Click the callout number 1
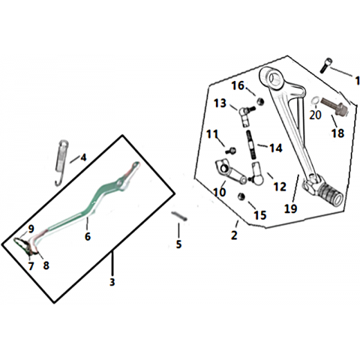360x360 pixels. pos(357,81)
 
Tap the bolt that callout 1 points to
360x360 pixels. pos(325,65)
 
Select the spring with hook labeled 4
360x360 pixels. pos(61,163)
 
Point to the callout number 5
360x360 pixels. pos(178,244)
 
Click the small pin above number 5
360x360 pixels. pos(179,216)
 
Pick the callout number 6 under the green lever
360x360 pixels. pos(88,236)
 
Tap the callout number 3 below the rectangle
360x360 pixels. pos(112,282)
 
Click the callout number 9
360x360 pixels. pos(31,229)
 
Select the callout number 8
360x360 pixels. pos(46,265)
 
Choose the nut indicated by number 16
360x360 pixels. pos(260,101)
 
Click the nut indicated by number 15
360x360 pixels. pos(241,196)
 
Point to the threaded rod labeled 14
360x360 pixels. pos(250,144)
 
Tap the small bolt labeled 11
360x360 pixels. pos(231,151)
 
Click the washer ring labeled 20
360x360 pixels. pos(315,101)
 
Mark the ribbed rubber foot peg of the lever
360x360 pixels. pos(331,195)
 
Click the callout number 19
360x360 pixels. pos(291,208)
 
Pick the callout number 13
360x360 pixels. pos(220,103)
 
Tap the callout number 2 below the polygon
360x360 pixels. pos(234,235)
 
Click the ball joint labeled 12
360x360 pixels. pos(256,174)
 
